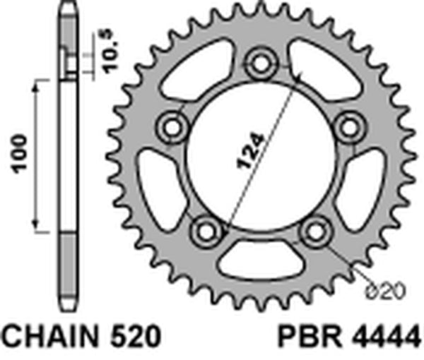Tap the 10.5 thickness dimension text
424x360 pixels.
[x=109, y=54]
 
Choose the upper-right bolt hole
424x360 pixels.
[x=348, y=128]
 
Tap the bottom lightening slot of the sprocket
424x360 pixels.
[x=260, y=263]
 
